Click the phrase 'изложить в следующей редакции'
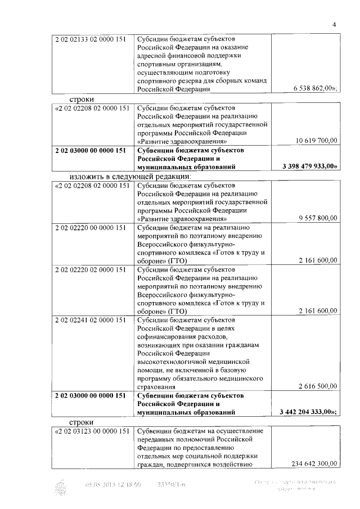130,177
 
